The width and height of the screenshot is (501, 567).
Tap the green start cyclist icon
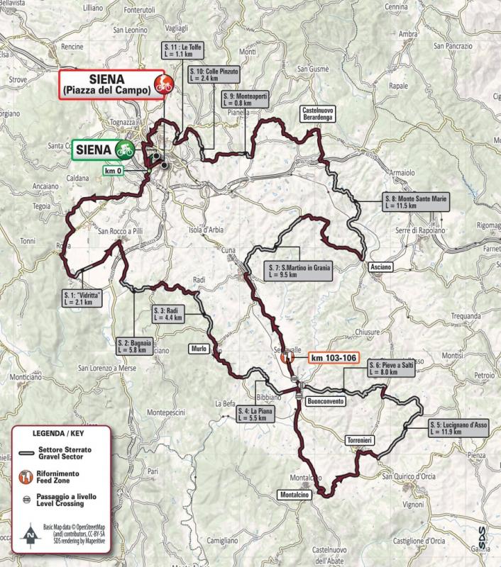point(126,150)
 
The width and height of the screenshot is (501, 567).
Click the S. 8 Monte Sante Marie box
point(415,201)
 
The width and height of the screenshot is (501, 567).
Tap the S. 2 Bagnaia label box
point(133,346)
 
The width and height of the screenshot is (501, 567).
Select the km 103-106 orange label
point(334,359)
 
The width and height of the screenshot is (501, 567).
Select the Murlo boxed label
point(198,349)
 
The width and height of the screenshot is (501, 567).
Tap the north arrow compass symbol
point(30,533)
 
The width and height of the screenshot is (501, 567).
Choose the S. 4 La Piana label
point(255,415)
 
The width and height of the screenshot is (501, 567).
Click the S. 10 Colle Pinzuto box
point(215,76)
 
